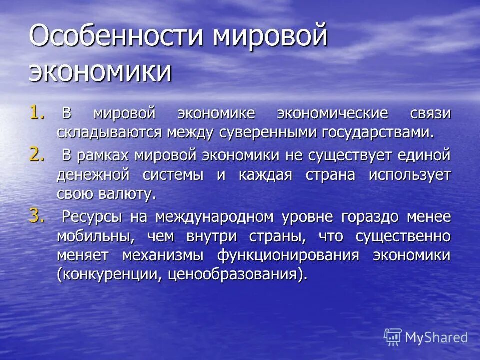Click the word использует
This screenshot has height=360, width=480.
click(x=410, y=175)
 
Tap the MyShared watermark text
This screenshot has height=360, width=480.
click(x=436, y=337)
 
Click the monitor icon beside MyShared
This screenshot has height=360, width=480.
click(x=393, y=337)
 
